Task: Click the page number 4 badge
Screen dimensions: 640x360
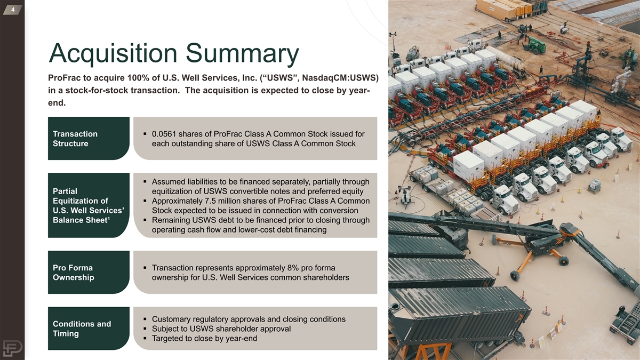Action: click(13, 10)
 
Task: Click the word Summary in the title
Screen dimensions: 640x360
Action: click(242, 54)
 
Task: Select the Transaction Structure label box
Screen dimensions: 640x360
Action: click(89, 138)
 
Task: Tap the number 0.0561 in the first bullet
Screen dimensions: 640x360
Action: click(164, 134)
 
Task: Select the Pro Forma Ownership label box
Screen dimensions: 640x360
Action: click(89, 273)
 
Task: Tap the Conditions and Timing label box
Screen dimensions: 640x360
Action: click(89, 329)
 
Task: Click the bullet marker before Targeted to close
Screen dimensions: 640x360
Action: click(145, 338)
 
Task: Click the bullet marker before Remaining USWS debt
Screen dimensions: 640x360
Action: click(145, 220)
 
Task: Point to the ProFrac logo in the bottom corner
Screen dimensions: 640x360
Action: click(13, 348)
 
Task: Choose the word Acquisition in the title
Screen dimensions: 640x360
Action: click(114, 54)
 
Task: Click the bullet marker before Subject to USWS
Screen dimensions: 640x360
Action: click(145, 329)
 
